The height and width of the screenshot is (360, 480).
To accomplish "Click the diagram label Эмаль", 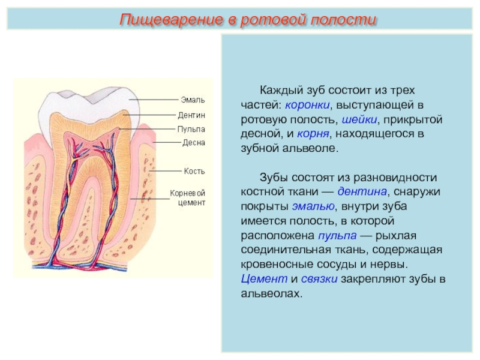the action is pyautogui.click(x=193, y=100).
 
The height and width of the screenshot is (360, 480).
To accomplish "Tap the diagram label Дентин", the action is pyautogui.click(x=191, y=115).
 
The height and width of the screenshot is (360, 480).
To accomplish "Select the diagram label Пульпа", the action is pyautogui.click(x=191, y=129).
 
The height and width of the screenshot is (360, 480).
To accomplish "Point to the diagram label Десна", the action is pyautogui.click(x=193, y=143).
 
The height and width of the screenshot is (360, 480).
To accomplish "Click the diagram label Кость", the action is pyautogui.click(x=194, y=171).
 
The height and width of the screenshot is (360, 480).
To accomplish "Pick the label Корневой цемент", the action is pyautogui.click(x=187, y=198).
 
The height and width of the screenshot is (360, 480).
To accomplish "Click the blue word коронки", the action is pyautogui.click(x=307, y=105).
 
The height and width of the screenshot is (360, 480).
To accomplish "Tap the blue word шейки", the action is pyautogui.click(x=359, y=119).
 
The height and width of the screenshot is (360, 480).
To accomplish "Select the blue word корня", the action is pyautogui.click(x=313, y=134).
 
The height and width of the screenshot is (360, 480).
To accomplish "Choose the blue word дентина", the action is pyautogui.click(x=362, y=191).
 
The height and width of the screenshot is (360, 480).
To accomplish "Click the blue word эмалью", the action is pyautogui.click(x=313, y=206).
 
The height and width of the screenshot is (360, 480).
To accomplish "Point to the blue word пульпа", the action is pyautogui.click(x=337, y=236).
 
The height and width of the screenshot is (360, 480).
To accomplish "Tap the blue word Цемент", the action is pyautogui.click(x=264, y=279).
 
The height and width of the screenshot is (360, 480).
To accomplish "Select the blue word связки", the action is pyautogui.click(x=319, y=279).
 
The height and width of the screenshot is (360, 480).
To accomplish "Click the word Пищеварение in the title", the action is pyautogui.click(x=171, y=20).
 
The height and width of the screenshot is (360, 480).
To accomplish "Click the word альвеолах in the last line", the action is pyautogui.click(x=272, y=293).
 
